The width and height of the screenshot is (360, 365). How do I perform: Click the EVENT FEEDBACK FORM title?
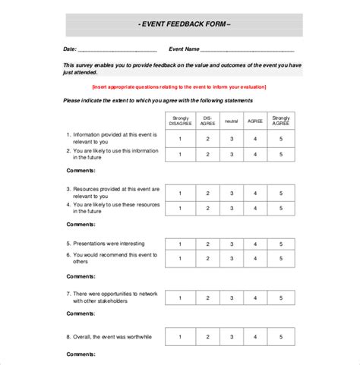tap(185, 24)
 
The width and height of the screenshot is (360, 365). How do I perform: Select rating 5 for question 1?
tap(281, 139)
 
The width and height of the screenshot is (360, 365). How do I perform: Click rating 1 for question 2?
tap(180, 155)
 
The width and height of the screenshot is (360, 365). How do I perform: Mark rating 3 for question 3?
tap(231, 194)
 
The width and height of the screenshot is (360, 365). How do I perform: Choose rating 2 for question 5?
tap(206, 244)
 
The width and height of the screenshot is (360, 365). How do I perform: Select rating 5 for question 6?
tap(281, 259)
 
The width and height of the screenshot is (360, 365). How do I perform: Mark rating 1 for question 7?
tap(180, 297)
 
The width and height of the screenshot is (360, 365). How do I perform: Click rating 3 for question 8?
tap(231, 335)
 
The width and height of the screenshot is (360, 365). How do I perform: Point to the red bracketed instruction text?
tap(185, 88)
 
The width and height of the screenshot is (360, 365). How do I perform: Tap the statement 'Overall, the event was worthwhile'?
tap(110, 335)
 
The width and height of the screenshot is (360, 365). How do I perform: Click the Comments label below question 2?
tap(81, 171)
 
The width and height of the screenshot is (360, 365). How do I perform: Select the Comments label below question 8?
tap(81, 354)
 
